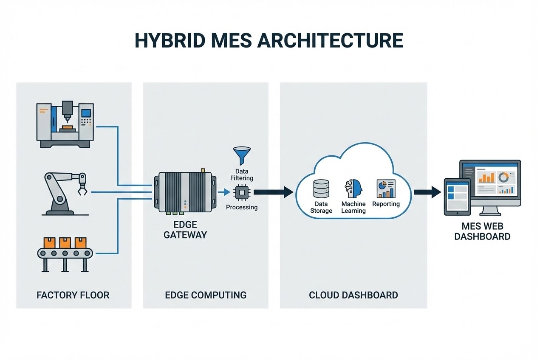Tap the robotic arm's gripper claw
pos(81,190)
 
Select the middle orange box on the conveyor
pos(65,242)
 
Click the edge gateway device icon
pos(185,192)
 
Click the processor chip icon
pos(241,193)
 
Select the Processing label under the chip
pos(242,207)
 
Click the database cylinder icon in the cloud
pos(321,189)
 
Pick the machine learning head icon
pos(353,188)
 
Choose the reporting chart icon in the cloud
pos(386,189)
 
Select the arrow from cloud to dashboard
pos(427,192)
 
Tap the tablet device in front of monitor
pos(457,197)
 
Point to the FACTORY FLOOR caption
pos(73,295)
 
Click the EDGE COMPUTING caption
pos(206,295)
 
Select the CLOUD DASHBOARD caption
pos(353,295)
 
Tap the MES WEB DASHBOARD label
pos(482,231)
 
